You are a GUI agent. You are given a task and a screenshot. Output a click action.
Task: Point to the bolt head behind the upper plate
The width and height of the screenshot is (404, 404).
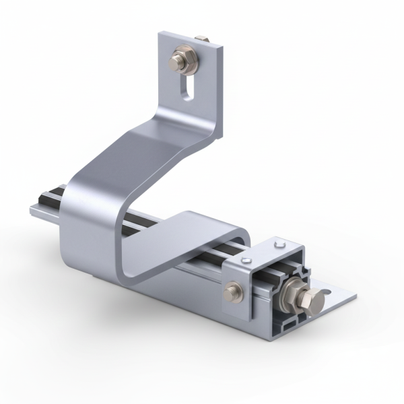click(200, 39)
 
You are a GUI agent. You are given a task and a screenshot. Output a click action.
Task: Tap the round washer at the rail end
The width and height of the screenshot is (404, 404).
click(290, 291)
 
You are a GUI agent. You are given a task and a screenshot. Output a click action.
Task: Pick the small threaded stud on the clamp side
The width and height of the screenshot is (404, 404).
click(233, 291)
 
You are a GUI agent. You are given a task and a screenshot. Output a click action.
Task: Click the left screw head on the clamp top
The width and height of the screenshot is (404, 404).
click(247, 261)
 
